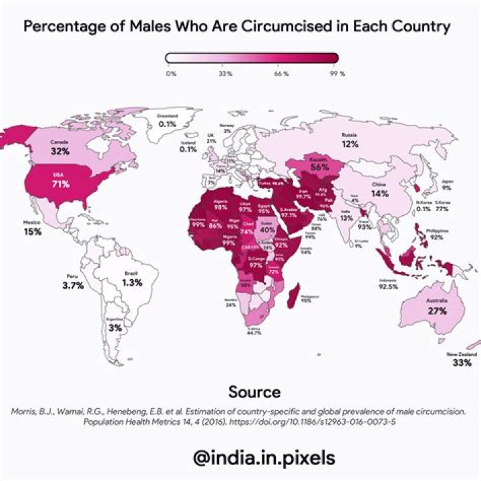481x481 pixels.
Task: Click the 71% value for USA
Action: pyautogui.click(x=61, y=184)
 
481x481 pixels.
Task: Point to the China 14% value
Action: pyautogui.click(x=380, y=194)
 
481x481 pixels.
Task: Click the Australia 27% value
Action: pyautogui.click(x=437, y=311)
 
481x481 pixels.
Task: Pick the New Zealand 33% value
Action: pyautogui.click(x=462, y=363)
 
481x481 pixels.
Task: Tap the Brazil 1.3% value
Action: pyautogui.click(x=132, y=283)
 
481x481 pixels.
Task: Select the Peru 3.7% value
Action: pyautogui.click(x=73, y=285)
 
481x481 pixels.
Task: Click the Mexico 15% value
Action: pyautogui.click(x=33, y=231)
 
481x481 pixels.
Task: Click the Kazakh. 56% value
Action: pyautogui.click(x=319, y=168)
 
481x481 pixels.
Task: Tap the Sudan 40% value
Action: pyautogui.click(x=267, y=230)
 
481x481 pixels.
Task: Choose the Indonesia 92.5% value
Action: pyautogui.click(x=387, y=287)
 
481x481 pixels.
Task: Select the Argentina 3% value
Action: pyautogui.click(x=116, y=327)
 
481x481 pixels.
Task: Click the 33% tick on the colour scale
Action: pyautogui.click(x=225, y=73)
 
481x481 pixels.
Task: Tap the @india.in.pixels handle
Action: pyautogui.click(x=262, y=458)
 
